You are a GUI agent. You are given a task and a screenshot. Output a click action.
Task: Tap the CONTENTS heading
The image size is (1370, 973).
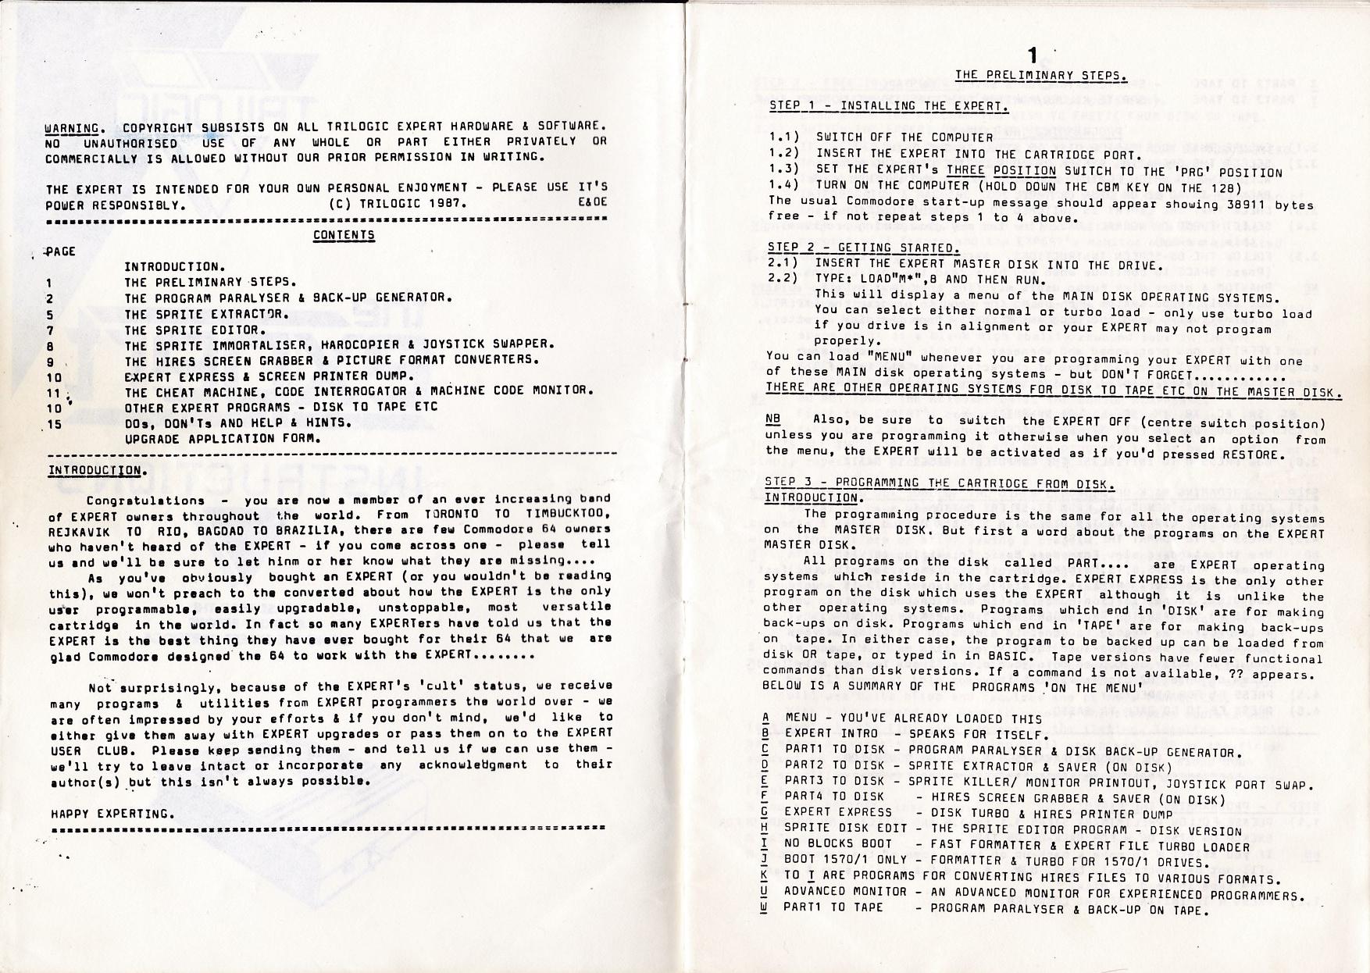pos(344,235)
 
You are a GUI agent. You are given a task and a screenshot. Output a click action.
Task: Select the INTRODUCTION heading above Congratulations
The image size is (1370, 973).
pos(95,470)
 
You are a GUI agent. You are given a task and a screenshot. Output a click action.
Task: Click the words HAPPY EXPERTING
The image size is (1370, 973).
pos(112,814)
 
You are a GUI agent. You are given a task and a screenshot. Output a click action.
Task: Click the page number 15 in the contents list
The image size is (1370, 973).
pos(55,423)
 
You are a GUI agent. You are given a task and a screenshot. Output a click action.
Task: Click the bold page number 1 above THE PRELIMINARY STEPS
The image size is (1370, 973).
pos(1033,56)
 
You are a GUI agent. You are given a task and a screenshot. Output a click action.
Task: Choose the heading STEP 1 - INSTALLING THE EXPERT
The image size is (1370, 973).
pos(888,106)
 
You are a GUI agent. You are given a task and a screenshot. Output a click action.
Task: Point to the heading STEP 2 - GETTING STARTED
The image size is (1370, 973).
pos(863,248)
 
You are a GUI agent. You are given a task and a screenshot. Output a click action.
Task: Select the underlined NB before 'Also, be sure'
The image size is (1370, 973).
pos(774,419)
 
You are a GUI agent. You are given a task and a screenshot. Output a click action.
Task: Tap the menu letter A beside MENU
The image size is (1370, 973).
pos(767,718)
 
